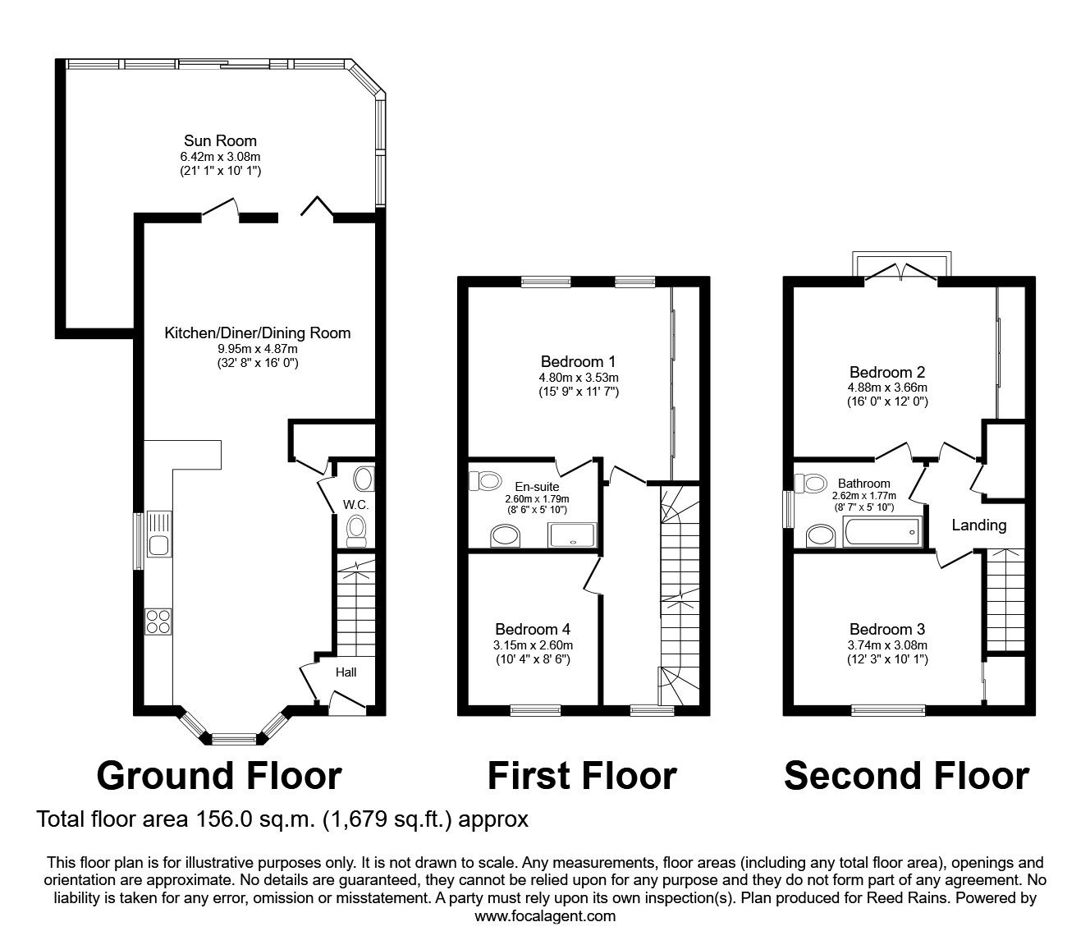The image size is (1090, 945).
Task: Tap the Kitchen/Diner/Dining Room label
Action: click(257, 333)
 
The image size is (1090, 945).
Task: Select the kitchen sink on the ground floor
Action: click(158, 534)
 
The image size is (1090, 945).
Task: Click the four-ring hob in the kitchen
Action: click(158, 622)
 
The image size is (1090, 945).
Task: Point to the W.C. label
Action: click(355, 504)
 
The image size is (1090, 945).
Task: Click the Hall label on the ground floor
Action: click(346, 672)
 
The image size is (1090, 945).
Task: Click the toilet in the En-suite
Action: click(485, 480)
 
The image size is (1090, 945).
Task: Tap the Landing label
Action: click(978, 525)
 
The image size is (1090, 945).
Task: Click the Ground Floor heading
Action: click(219, 775)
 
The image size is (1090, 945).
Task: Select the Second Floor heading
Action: click(906, 775)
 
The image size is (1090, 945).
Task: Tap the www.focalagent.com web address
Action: click(545, 915)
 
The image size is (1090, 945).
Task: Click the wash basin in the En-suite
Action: click(506, 537)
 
